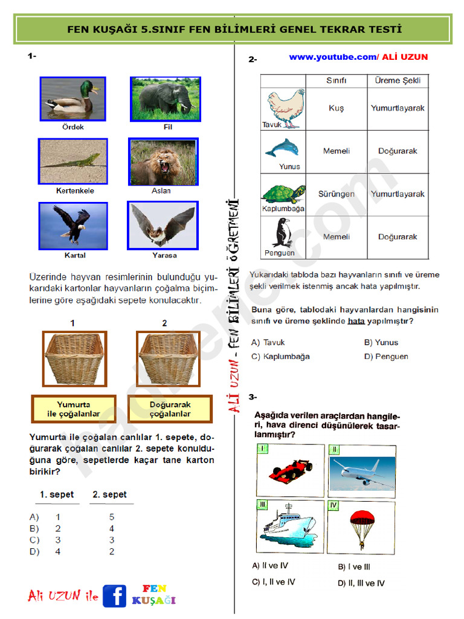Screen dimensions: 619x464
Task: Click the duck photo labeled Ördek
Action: (x=72, y=99)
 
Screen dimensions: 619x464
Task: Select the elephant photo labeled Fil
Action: (x=164, y=99)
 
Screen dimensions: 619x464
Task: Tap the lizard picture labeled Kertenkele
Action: (x=72, y=161)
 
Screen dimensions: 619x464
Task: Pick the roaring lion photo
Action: (x=163, y=161)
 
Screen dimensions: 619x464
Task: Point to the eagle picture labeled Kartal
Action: (x=72, y=225)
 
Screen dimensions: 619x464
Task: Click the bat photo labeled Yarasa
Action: (x=163, y=225)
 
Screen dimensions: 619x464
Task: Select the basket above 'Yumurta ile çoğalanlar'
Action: (x=72, y=358)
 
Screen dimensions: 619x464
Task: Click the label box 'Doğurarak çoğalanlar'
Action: (x=170, y=409)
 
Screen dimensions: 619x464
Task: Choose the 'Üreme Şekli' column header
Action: (x=398, y=80)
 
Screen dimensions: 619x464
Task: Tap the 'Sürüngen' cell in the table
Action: (x=336, y=194)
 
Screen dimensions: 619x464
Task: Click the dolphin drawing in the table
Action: (x=282, y=148)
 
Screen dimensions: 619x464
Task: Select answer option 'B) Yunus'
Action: (x=381, y=342)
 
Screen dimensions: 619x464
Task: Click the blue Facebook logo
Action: (x=114, y=595)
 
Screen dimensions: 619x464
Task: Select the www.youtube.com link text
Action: (x=332, y=57)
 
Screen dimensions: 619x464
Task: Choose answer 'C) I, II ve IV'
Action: (x=273, y=582)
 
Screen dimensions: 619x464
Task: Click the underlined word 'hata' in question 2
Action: (x=356, y=321)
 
